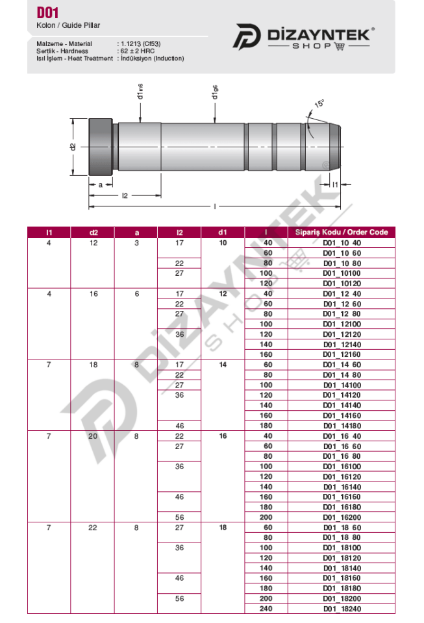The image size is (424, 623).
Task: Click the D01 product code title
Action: coord(47,13)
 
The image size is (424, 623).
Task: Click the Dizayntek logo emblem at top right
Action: coord(246,36)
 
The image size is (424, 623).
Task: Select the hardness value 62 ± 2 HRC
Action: coord(138,51)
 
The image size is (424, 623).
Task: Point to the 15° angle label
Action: coord(319,103)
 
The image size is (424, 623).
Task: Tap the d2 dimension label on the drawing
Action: coord(73,147)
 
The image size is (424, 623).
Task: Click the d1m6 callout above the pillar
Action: coord(140,92)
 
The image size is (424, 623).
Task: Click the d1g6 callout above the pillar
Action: coord(214,92)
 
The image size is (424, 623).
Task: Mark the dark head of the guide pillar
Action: coord(101,147)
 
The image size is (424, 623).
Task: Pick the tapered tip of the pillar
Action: coord(335,147)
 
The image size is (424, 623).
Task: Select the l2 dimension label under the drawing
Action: coord(125,195)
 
